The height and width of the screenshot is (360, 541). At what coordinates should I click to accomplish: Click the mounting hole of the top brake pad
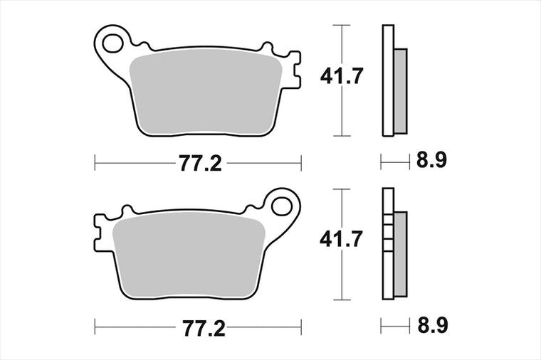click(x=112, y=43)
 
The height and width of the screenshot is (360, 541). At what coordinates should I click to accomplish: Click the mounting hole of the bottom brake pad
click(x=282, y=206)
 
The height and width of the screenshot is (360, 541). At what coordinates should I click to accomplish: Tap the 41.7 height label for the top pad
click(x=342, y=76)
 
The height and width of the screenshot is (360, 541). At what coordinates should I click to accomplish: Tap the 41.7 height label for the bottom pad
click(x=341, y=239)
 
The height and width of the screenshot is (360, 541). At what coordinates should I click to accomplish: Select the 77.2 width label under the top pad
click(x=200, y=163)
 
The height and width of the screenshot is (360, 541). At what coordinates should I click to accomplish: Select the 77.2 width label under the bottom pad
click(x=204, y=328)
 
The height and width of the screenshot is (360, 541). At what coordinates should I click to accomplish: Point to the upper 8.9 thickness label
click(x=431, y=159)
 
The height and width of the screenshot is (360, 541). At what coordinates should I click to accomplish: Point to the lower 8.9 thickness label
click(x=433, y=325)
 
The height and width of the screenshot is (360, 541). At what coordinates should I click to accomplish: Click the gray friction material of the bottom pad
click(x=189, y=255)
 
